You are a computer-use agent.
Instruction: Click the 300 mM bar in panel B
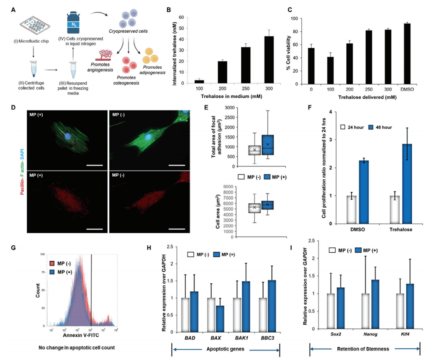tap(257, 60)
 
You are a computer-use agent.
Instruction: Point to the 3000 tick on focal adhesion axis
tap(229, 108)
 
